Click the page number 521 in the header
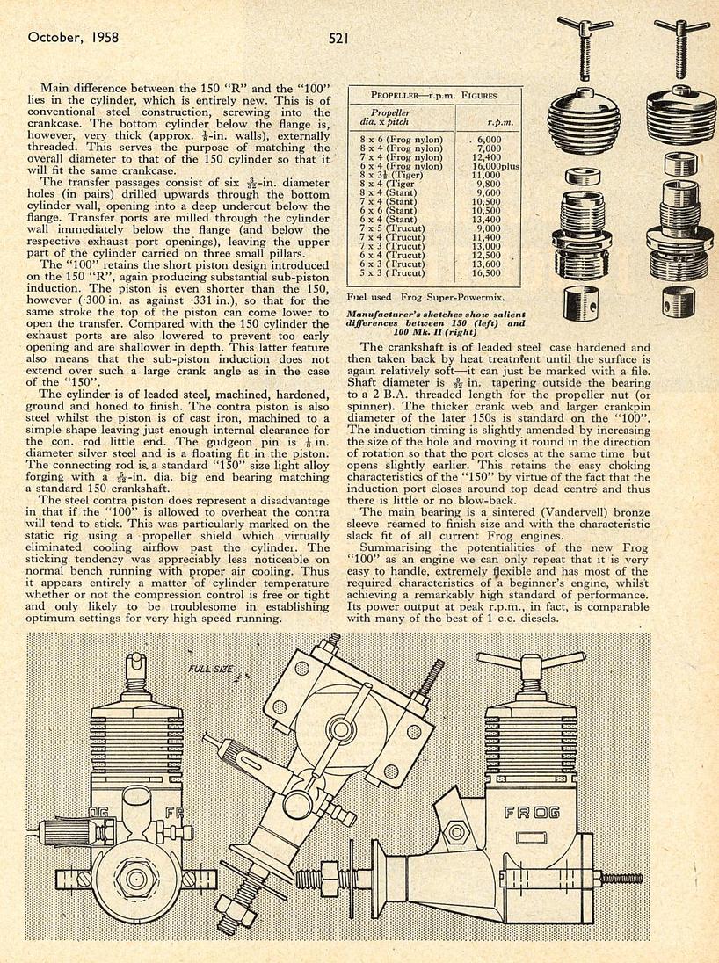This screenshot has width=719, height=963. [x=342, y=38]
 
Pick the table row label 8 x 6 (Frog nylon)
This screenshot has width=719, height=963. [x=402, y=139]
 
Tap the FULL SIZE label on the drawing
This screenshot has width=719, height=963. [x=210, y=670]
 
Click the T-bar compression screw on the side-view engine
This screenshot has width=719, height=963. [x=532, y=664]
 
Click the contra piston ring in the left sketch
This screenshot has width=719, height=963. [x=583, y=176]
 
